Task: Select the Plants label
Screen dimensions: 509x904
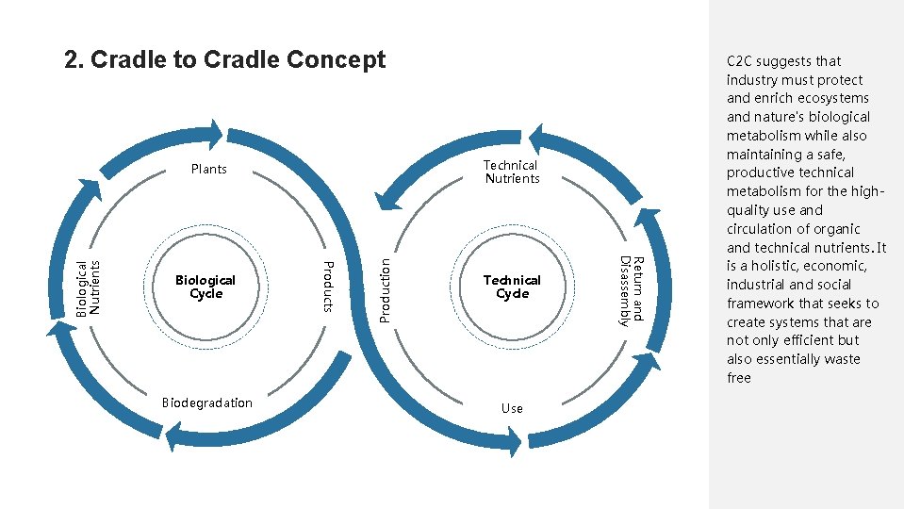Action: coord(208,170)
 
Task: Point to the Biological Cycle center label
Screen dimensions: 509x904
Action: coord(205,287)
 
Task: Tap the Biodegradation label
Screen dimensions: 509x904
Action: coord(207,402)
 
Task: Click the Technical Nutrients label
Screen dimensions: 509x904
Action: coord(512,172)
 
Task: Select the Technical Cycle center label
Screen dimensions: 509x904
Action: coord(512,287)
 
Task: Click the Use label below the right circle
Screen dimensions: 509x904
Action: coord(512,408)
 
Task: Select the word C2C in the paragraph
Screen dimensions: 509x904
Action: coord(741,61)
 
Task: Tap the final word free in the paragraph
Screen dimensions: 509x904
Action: coord(739,378)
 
